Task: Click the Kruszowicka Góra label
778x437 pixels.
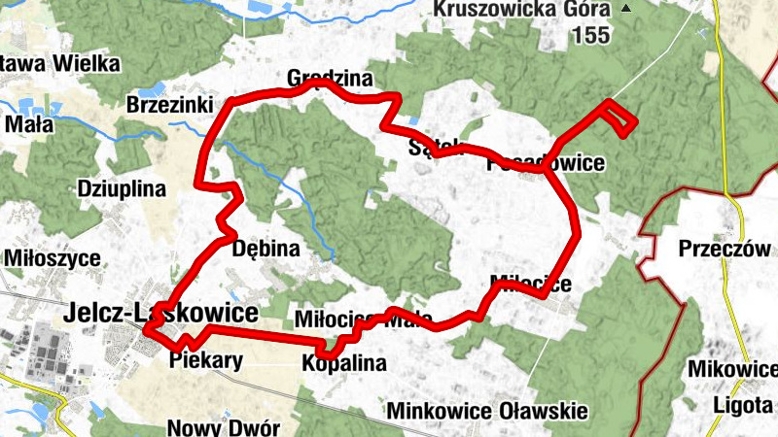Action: (x=523, y=10)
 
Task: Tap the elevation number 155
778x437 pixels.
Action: (x=590, y=36)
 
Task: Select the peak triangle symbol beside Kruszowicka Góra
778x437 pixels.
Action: (x=626, y=9)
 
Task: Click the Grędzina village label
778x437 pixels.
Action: (x=330, y=77)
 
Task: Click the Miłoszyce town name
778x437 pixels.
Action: (x=53, y=258)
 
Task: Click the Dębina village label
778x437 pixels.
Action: (x=265, y=249)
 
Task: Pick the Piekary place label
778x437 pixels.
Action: (x=204, y=360)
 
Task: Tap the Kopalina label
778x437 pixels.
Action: (x=343, y=364)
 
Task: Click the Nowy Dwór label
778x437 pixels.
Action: (x=224, y=427)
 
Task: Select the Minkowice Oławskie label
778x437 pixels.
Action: (x=487, y=411)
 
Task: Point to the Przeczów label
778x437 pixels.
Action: (x=718, y=248)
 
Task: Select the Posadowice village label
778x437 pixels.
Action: (x=548, y=163)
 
